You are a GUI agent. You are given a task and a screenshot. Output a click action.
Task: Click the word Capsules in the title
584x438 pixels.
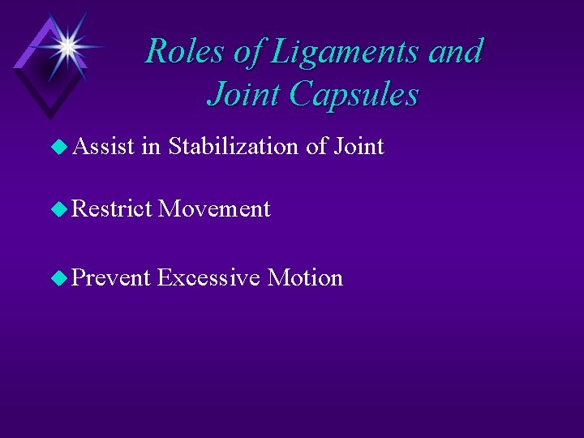coord(354,94)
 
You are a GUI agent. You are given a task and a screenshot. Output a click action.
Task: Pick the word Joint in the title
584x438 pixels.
coord(243,94)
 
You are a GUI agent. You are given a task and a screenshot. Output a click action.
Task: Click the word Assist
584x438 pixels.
coord(103,147)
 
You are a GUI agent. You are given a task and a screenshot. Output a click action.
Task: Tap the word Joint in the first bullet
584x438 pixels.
coord(356,147)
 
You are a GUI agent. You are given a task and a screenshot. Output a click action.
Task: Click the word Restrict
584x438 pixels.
coord(113,209)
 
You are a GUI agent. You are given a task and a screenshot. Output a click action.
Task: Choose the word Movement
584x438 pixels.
coord(214,209)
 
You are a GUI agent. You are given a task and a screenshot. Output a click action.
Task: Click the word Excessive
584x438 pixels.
coord(208,277)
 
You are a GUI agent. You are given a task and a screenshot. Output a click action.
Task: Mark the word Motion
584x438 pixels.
coord(305,277)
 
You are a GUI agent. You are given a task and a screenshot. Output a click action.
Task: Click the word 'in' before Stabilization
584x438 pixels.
coord(149,147)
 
